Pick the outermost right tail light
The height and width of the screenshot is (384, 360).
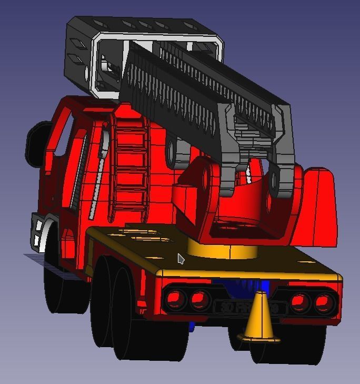325,302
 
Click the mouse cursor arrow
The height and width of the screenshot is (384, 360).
181,259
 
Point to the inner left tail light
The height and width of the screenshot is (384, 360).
199,300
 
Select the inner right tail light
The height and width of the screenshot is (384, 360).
299,302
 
